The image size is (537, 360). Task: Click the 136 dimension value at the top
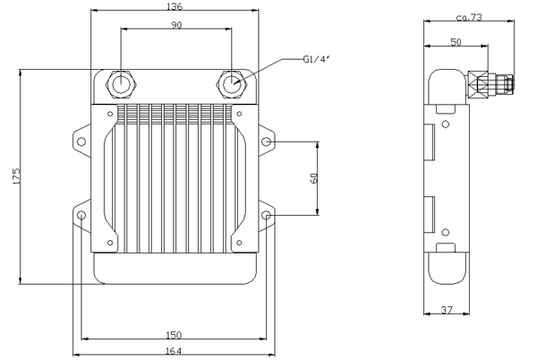175,7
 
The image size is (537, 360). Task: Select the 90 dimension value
175,25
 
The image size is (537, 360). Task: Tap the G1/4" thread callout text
318,61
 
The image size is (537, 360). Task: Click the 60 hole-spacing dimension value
314,178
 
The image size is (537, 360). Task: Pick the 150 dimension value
175,334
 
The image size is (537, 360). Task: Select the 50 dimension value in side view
456,41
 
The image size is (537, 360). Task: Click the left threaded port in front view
120,84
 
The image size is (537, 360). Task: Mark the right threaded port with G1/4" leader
232,84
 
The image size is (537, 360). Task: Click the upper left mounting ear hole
81,142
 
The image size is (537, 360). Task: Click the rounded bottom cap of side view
445,267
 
